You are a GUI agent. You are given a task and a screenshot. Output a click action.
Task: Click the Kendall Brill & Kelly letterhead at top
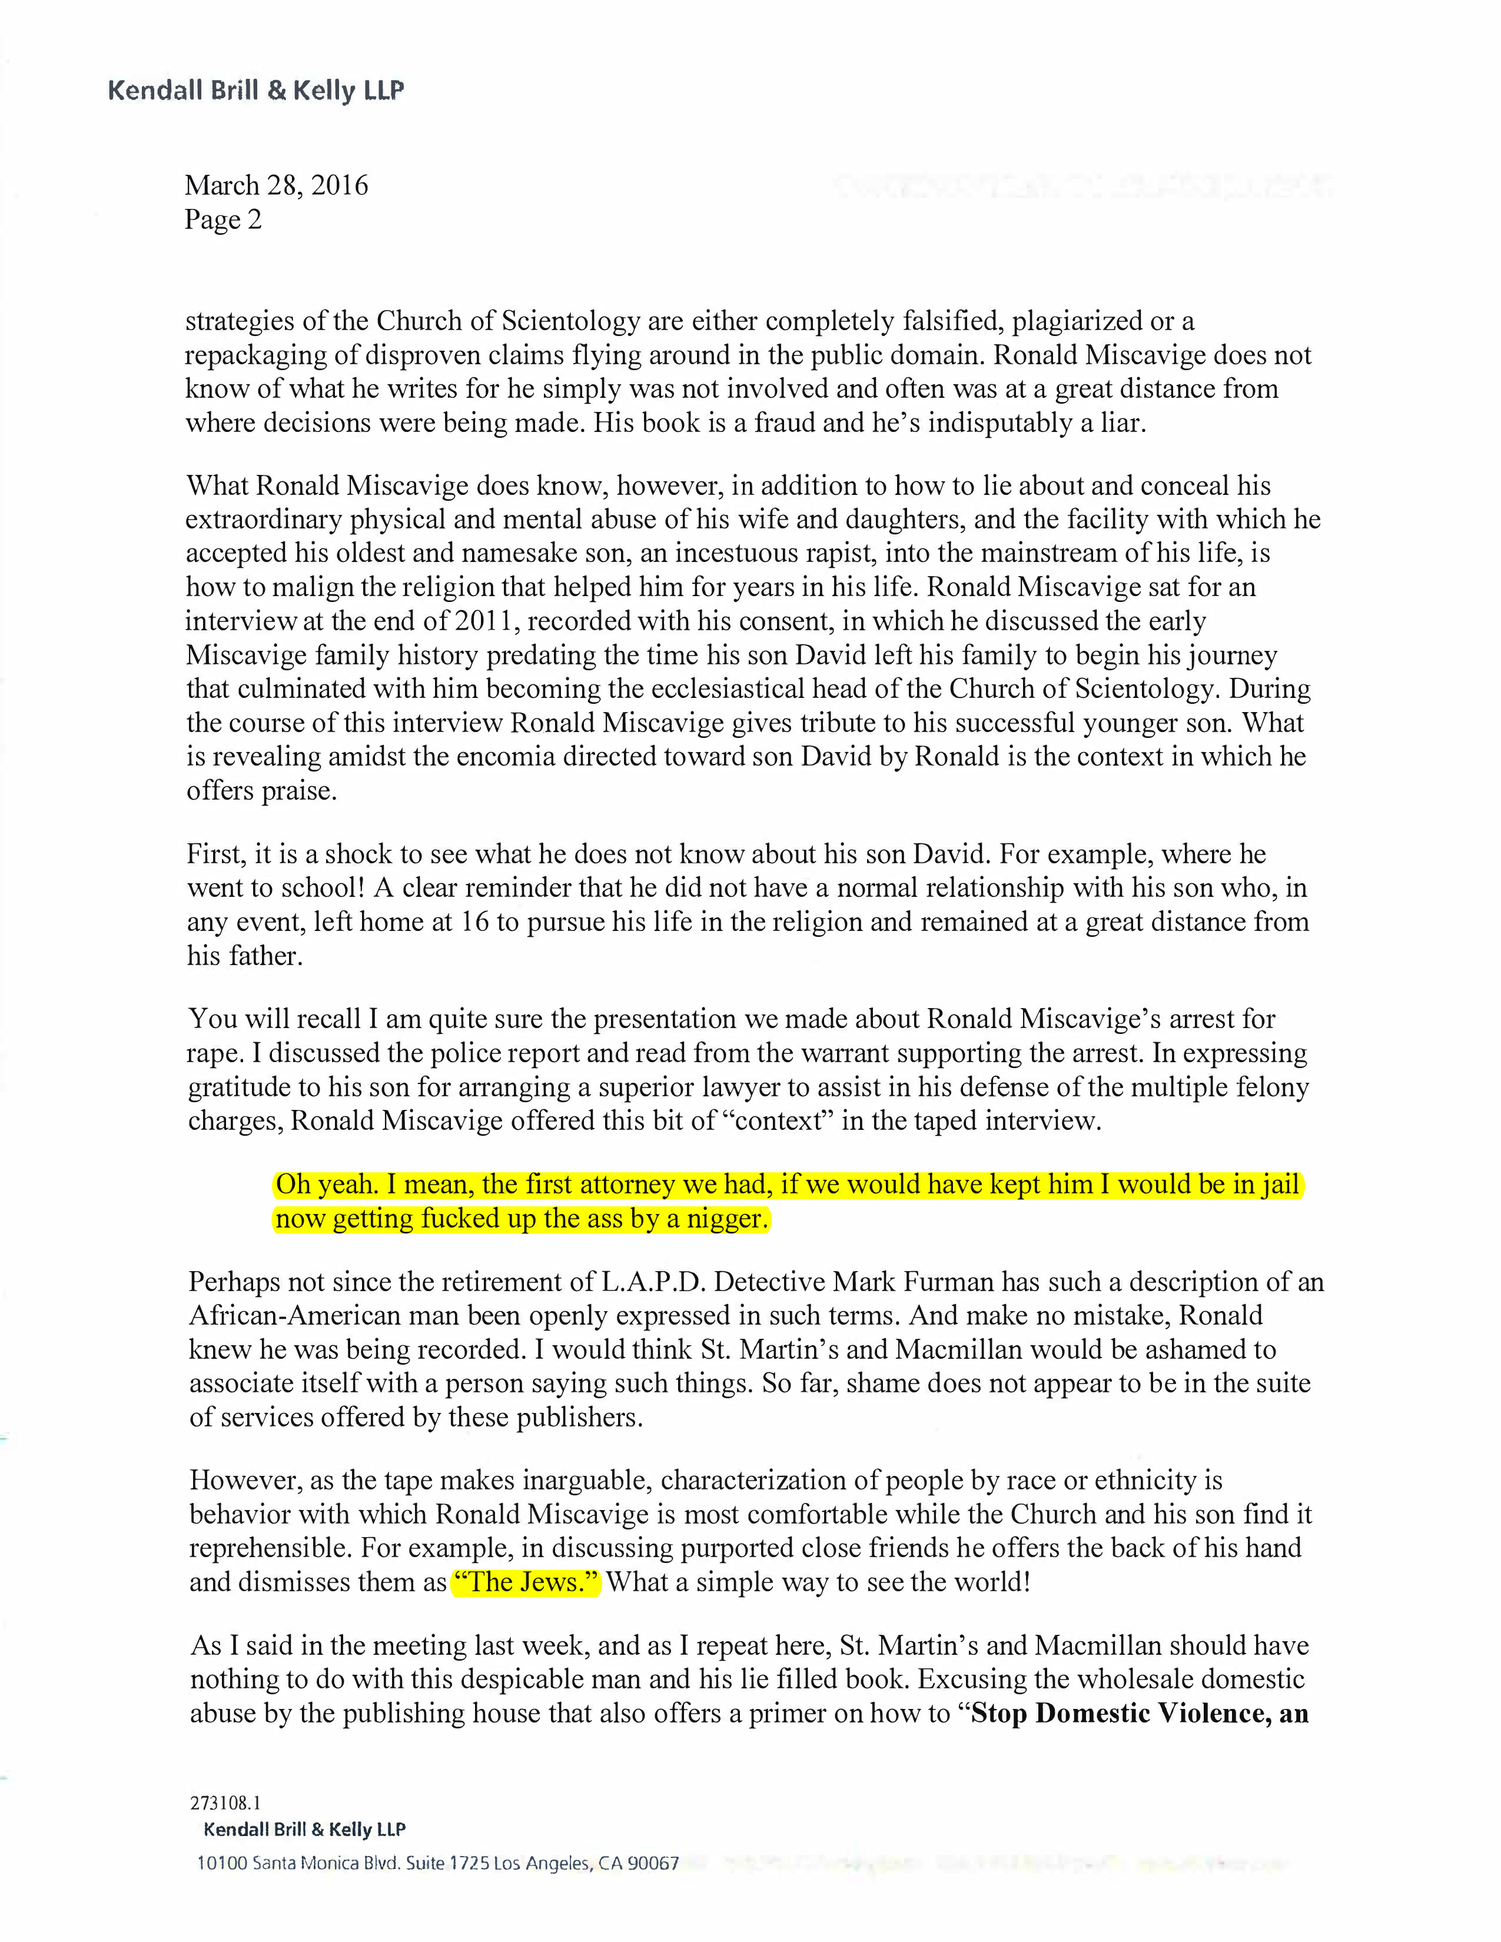[255, 91]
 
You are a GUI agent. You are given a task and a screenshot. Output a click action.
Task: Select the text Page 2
[223, 220]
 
